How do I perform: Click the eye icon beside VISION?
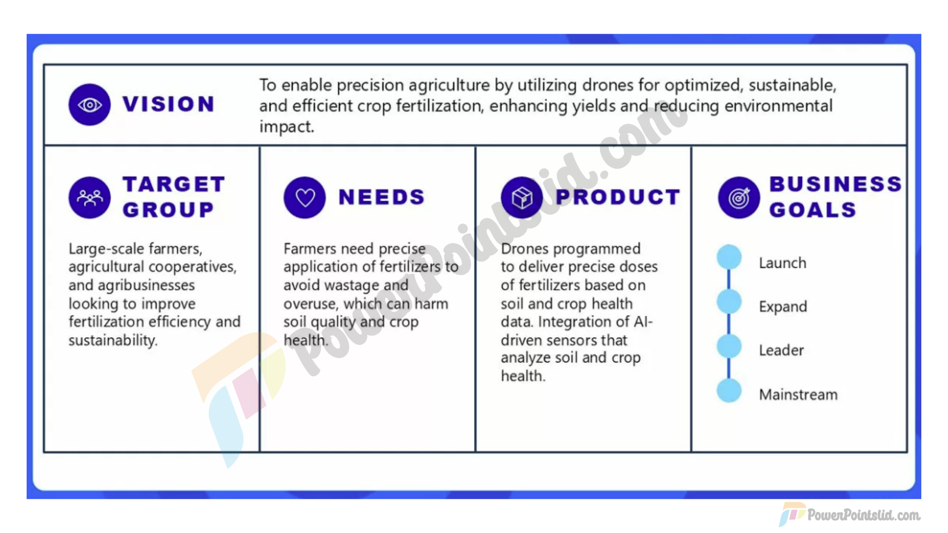pos(89,105)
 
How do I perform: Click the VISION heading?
pos(168,104)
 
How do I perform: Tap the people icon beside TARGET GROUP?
pos(89,197)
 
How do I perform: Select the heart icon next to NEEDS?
pos(305,197)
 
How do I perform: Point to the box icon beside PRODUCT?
pos(522,197)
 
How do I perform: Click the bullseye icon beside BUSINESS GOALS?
pos(739,197)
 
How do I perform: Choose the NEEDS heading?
pos(382,197)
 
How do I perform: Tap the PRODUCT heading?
pos(618,197)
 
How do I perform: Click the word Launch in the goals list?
pos(783,263)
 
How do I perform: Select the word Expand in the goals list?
pos(783,307)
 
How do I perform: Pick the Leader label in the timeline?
pos(782,350)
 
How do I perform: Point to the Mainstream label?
pos(798,394)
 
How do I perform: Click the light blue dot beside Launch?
pos(729,257)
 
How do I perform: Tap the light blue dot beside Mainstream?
pos(729,390)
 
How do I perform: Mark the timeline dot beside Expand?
pos(729,302)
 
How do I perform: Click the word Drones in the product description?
pos(524,249)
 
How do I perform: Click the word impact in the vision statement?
pos(286,127)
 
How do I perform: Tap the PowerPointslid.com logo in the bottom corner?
pos(850,515)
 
